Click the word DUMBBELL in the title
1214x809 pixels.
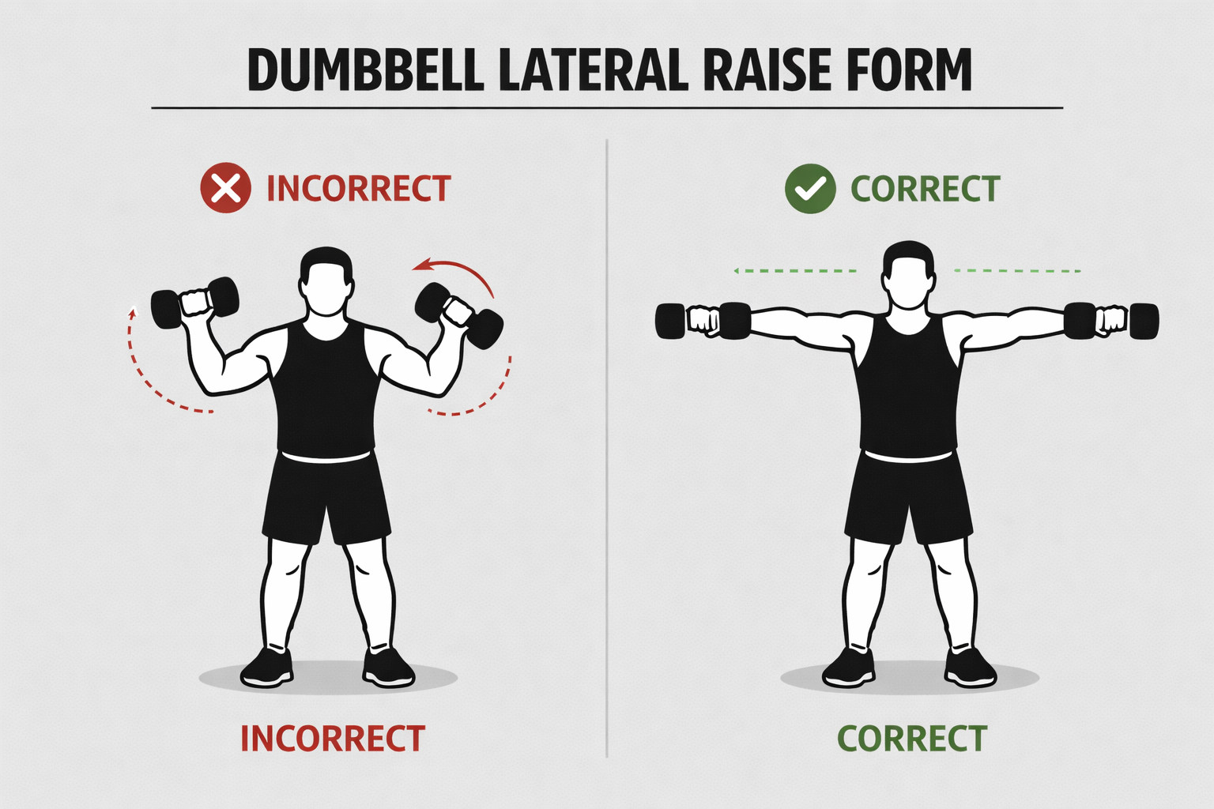[x=365, y=70]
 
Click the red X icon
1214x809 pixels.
[x=225, y=188]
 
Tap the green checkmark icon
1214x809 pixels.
[x=809, y=189]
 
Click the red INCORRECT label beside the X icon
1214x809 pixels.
[x=358, y=189]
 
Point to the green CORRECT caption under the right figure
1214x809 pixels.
[x=912, y=739]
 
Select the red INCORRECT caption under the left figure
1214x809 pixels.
[x=333, y=739]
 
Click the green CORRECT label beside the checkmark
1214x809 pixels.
[x=925, y=189]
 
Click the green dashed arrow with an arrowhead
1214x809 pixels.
[x=794, y=271]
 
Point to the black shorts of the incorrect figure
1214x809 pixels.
[x=326, y=498]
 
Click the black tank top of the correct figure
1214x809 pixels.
[x=908, y=387]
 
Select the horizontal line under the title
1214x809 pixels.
[x=607, y=107]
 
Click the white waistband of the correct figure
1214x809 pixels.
[x=908, y=457]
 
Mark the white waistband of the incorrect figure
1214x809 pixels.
[x=326, y=457]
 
